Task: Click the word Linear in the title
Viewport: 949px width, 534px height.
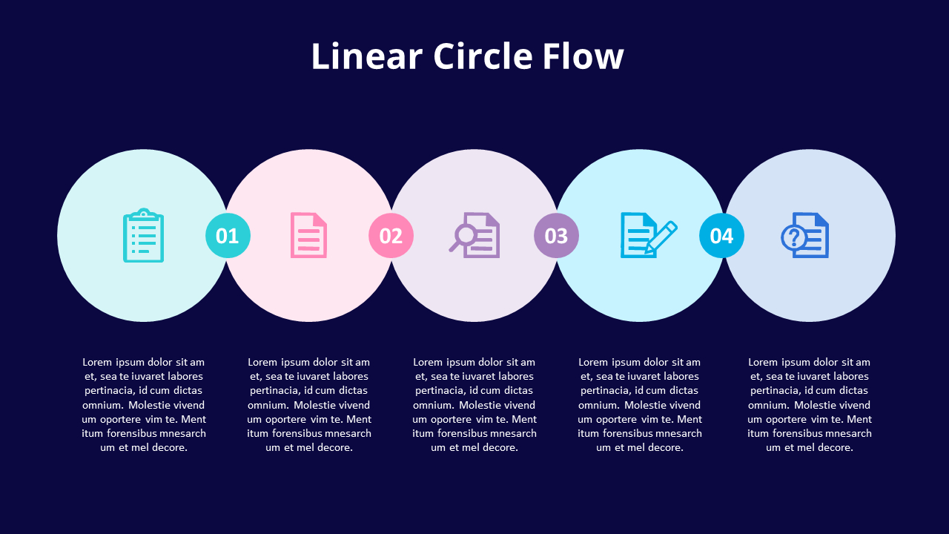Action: pos(366,57)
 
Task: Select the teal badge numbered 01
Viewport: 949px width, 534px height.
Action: pos(228,236)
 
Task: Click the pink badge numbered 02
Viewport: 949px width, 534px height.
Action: pos(391,236)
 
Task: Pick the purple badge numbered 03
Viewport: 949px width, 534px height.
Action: pos(556,236)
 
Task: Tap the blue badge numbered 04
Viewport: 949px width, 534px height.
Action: pos(721,236)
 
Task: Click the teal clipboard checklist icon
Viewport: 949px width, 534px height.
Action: pos(143,236)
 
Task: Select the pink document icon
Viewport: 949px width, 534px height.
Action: pos(308,236)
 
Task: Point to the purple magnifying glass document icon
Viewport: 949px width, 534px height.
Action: pos(475,236)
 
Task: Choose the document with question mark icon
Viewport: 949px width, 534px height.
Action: pos(806,236)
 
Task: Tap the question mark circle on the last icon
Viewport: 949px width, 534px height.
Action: pos(793,238)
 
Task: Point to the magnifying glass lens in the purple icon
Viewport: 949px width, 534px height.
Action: pos(465,235)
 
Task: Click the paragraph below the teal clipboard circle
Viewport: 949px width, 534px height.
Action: pos(144,405)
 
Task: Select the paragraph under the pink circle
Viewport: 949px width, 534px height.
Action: pos(309,405)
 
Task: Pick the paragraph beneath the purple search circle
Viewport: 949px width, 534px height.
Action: pos(474,405)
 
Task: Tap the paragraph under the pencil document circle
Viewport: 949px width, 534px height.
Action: pos(640,405)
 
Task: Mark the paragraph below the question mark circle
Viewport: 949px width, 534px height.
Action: pos(810,405)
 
